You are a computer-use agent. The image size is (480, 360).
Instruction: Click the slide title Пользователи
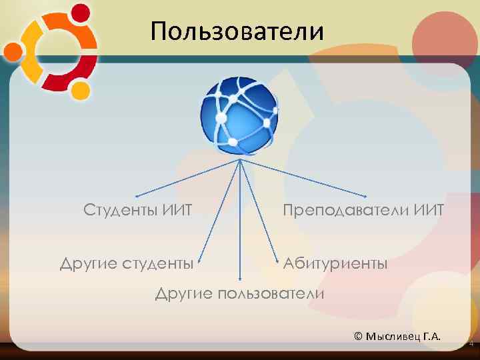[237, 31]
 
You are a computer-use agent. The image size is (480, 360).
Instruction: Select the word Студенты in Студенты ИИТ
[120, 211]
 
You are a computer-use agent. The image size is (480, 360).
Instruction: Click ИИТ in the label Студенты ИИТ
[177, 211]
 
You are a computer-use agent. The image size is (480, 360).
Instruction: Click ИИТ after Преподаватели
[429, 211]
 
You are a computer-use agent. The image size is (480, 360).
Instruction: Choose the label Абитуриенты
[335, 263]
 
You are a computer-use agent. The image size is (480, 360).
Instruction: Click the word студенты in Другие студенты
[158, 264]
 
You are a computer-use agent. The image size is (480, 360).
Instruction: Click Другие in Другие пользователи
[184, 294]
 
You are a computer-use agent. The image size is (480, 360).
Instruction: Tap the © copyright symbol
[359, 335]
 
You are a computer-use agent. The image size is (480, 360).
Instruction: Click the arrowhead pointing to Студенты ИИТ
[136, 197]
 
